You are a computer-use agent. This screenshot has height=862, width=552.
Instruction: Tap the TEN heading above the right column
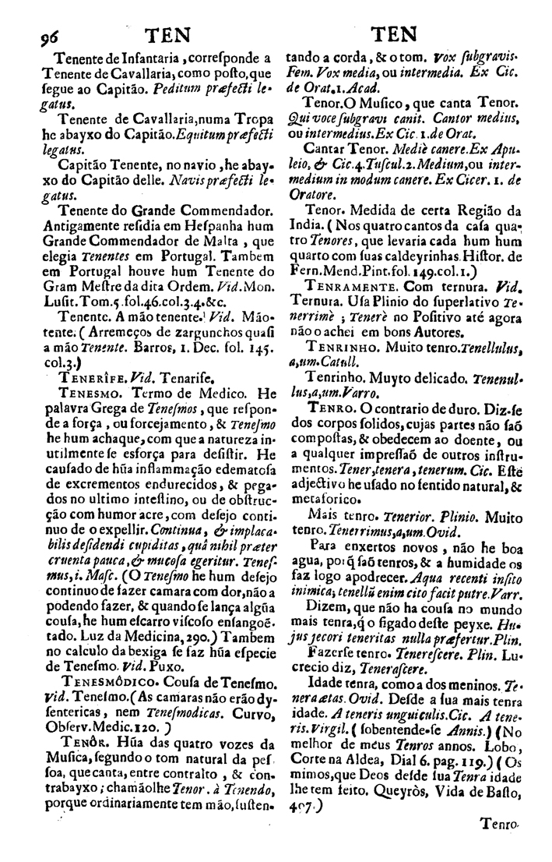point(394,34)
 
